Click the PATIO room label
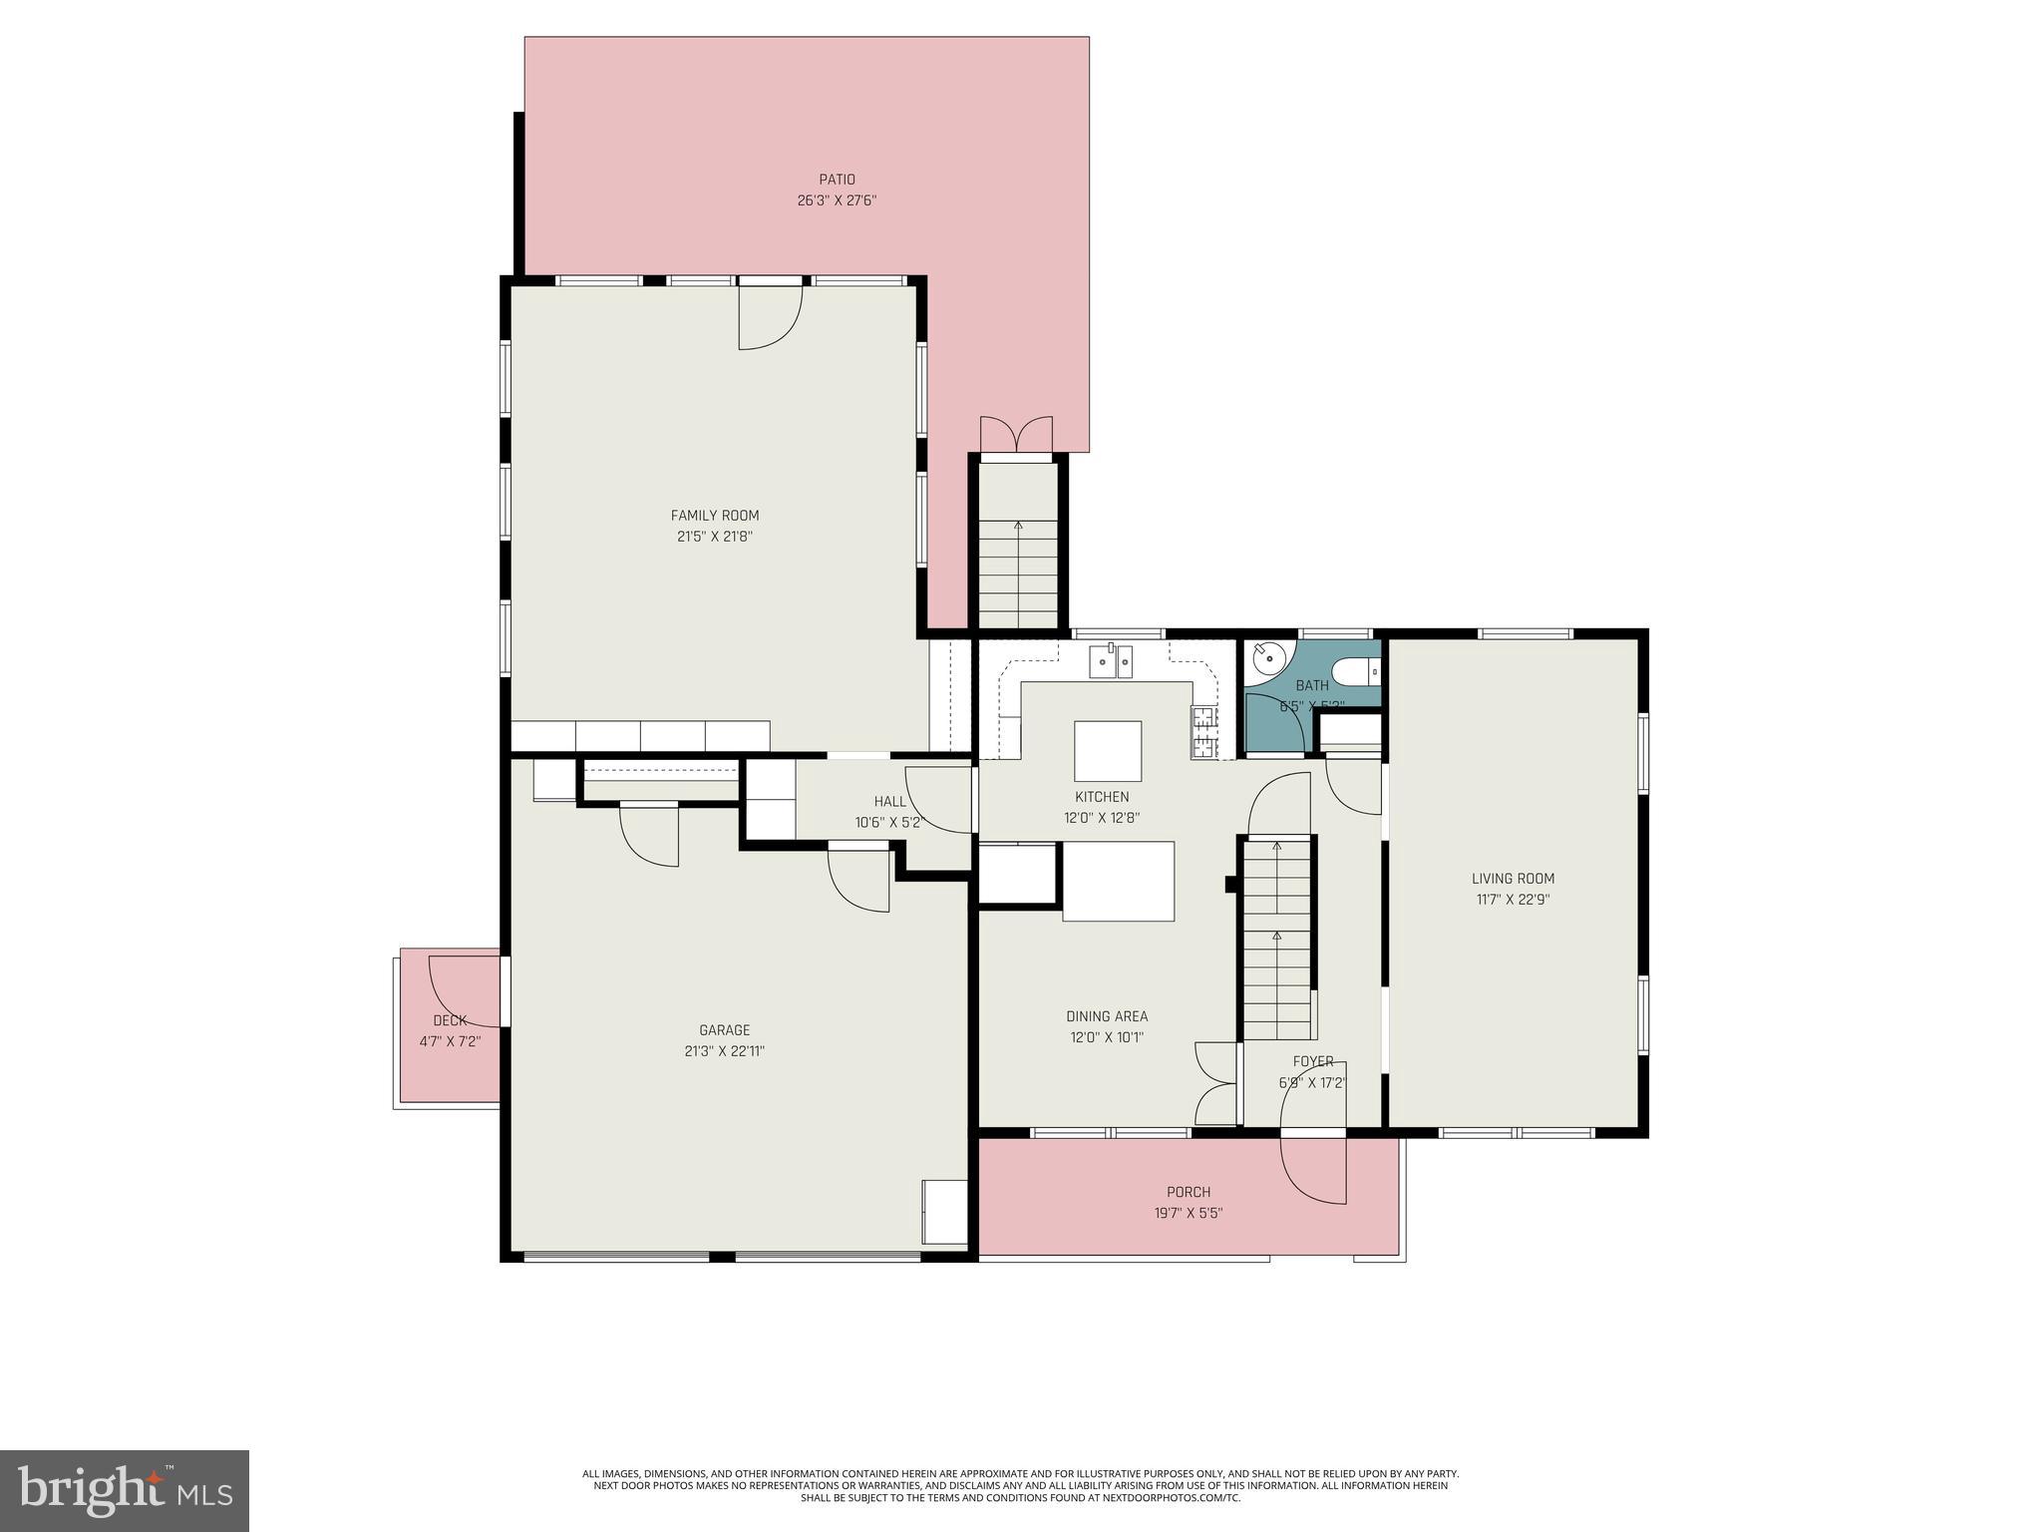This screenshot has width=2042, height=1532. click(x=837, y=180)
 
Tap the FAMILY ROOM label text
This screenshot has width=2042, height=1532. click(x=714, y=516)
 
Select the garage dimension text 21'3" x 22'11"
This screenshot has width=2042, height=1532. click(x=724, y=1051)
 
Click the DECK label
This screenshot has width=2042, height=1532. click(x=450, y=1020)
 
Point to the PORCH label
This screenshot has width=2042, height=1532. click(x=1189, y=1192)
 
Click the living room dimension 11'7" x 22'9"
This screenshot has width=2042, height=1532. click(x=1513, y=900)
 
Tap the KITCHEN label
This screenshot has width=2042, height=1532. click(x=1102, y=797)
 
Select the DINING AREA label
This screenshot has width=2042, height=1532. click(x=1107, y=1016)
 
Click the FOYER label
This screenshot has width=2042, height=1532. click(x=1313, y=1061)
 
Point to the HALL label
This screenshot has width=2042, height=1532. click(x=889, y=802)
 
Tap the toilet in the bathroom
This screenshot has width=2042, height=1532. click(x=1357, y=673)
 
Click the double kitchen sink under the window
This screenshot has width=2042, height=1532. click(x=1111, y=661)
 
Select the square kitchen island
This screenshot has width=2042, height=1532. click(x=1108, y=751)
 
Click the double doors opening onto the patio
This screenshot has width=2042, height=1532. click(x=1016, y=437)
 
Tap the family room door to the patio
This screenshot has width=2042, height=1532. click(x=769, y=316)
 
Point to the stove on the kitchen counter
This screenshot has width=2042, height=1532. click(x=1204, y=733)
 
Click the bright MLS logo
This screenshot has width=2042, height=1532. click(x=124, y=1490)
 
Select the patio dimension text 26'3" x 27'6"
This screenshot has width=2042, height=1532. click(x=837, y=200)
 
